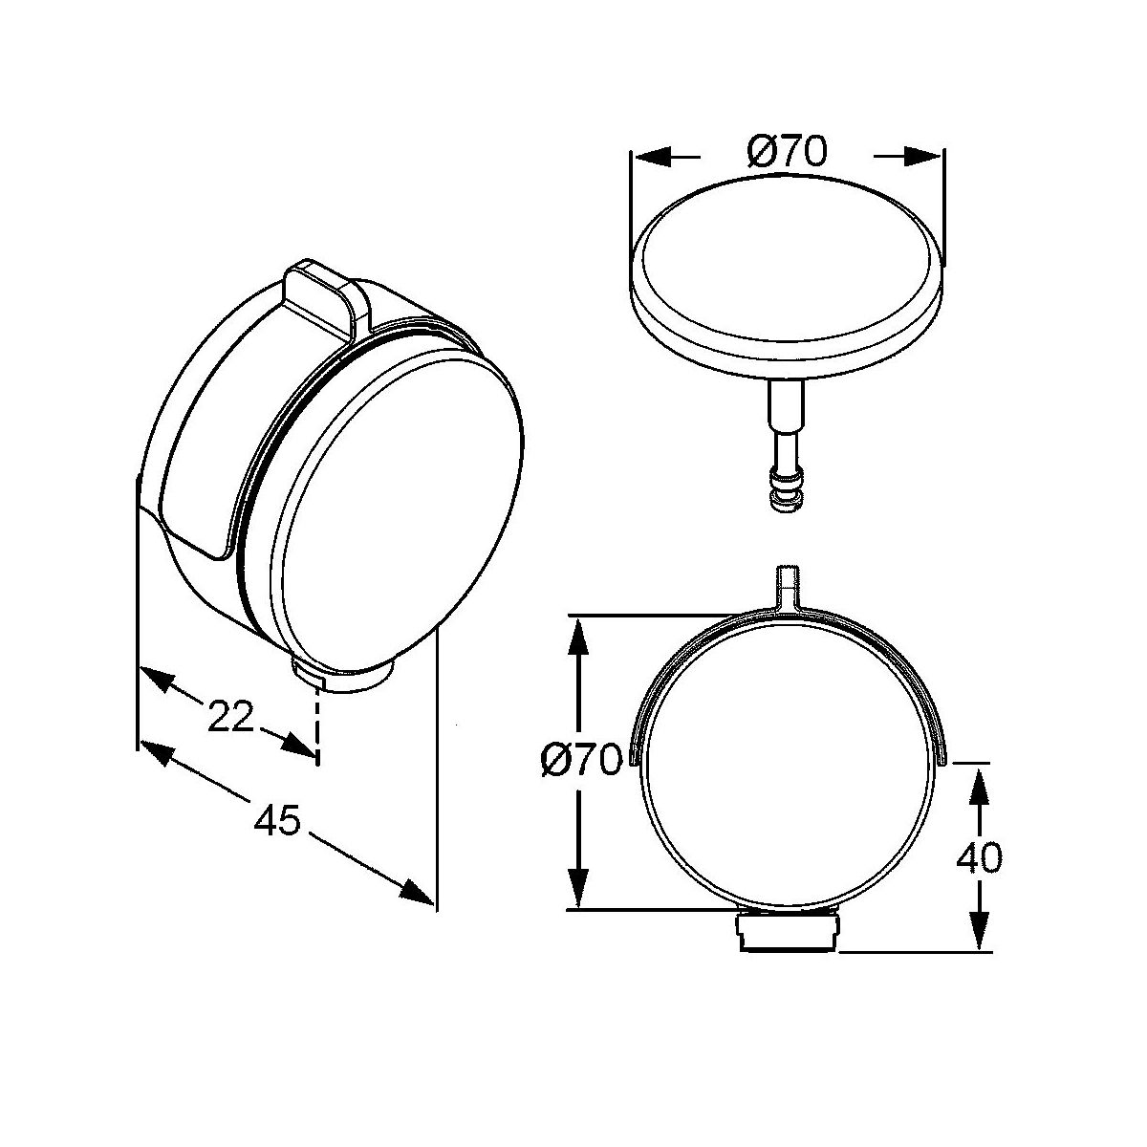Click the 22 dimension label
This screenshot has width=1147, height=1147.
(231, 716)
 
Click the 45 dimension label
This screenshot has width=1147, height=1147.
(277, 821)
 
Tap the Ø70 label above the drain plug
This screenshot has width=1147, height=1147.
(787, 151)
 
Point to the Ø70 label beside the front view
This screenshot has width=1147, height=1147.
(582, 760)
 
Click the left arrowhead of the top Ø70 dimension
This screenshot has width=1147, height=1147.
(653, 158)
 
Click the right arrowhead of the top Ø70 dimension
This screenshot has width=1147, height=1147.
(922, 158)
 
